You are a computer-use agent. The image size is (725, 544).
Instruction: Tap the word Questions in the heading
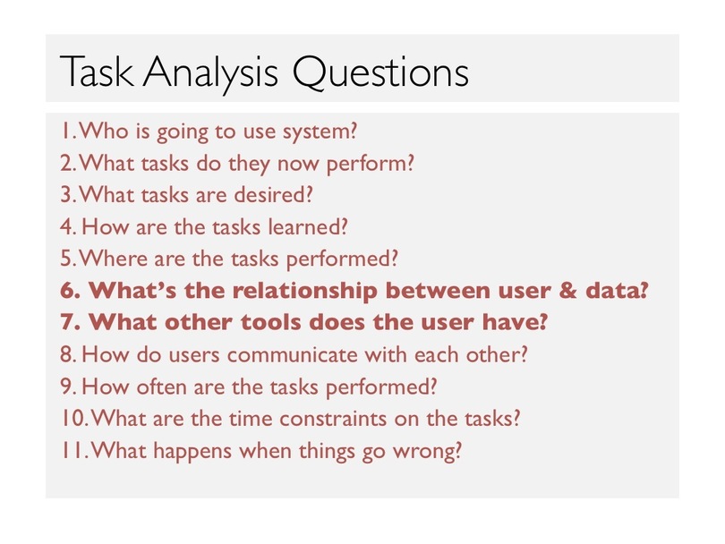(x=380, y=72)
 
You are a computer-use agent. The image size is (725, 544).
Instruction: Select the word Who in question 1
(x=104, y=131)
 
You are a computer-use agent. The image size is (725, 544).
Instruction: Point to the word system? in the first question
(x=320, y=132)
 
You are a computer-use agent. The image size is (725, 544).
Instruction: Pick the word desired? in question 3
(x=274, y=194)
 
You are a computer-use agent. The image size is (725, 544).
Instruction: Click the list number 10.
(x=74, y=419)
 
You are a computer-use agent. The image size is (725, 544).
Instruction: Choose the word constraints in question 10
(x=333, y=419)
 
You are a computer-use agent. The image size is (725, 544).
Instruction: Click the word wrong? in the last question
(x=427, y=451)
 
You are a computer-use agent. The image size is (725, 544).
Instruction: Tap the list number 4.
(x=68, y=227)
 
